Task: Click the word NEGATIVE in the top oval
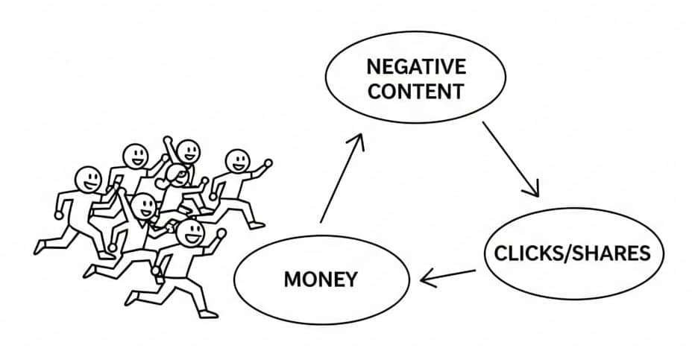tap(416, 67)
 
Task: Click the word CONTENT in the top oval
tap(416, 92)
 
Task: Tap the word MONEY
tap(321, 280)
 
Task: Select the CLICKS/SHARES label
tap(572, 253)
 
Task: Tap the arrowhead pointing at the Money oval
tap(426, 280)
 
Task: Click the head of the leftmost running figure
tap(88, 179)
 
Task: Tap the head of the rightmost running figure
tap(237, 160)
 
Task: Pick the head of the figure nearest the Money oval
tap(192, 233)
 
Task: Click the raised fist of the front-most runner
tap(221, 233)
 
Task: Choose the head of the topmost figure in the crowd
tap(188, 151)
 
